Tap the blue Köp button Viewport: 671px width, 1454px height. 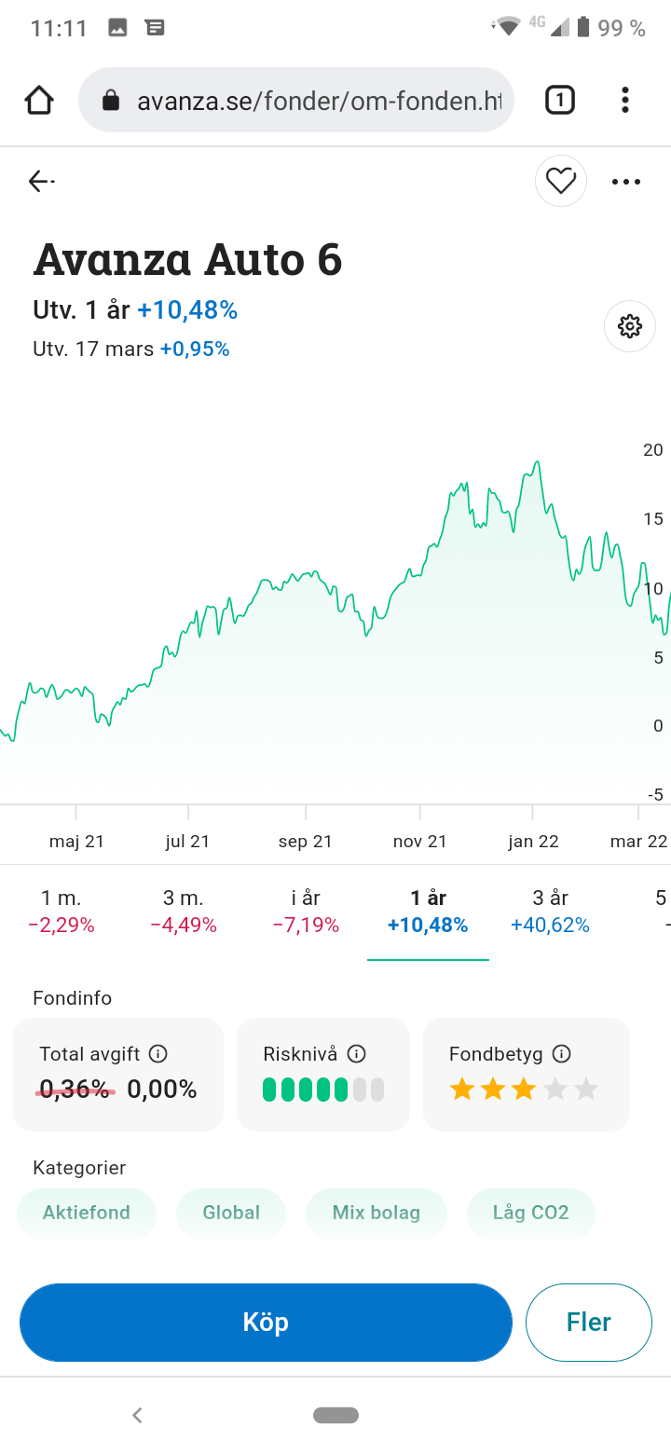pos(266,1323)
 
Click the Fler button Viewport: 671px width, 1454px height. pos(588,1323)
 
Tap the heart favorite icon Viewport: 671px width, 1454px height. pos(561,181)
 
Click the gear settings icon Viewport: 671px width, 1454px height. pos(630,326)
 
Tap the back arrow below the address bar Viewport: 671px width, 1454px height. pos(41,181)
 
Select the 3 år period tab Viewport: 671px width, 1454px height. pos(550,912)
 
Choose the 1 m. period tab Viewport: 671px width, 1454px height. pos(62,912)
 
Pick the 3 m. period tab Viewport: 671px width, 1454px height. pos(184,912)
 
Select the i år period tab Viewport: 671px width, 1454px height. pos(306,912)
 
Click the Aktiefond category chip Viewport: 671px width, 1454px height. pos(87,1213)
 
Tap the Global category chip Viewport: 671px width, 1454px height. pos(231,1213)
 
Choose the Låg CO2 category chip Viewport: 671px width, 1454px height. pos(530,1213)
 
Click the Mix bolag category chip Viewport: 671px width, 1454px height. pos(377,1213)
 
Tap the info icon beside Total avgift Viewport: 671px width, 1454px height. pos(158,1054)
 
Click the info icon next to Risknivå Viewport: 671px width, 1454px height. pos(356,1054)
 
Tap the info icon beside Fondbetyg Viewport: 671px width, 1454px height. pos(561,1054)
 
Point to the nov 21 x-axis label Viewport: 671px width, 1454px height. pos(419,842)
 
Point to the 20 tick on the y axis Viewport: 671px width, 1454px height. pos(653,450)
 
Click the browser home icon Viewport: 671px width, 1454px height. pos(39,101)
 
